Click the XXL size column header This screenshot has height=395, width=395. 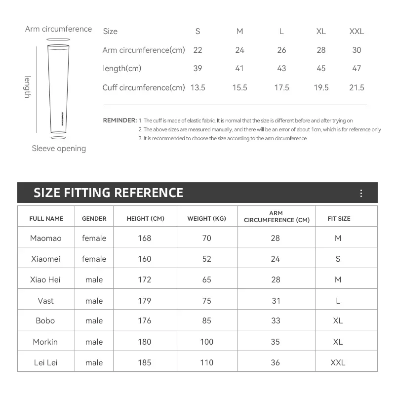[356, 31]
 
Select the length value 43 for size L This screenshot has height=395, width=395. [281, 69]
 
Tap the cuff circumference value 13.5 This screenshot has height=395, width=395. [197, 87]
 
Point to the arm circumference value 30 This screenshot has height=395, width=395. [356, 50]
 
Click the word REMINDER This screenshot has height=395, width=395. [119, 120]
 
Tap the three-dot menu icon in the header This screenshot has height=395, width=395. [361, 193]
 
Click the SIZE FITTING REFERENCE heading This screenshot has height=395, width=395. [108, 193]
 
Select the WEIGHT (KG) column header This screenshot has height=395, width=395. [206, 218]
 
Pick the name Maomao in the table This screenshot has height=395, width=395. [46, 238]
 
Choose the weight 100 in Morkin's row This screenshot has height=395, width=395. [206, 342]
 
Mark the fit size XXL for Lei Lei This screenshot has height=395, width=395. [338, 362]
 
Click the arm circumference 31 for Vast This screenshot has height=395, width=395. [276, 301]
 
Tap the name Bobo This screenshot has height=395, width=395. [45, 320]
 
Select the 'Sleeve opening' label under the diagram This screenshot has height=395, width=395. [59, 149]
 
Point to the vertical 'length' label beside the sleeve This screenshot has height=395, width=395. [28, 87]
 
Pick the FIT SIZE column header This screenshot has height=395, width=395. [339, 218]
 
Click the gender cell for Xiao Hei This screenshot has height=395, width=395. [94, 279]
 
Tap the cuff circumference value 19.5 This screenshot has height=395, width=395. [321, 87]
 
